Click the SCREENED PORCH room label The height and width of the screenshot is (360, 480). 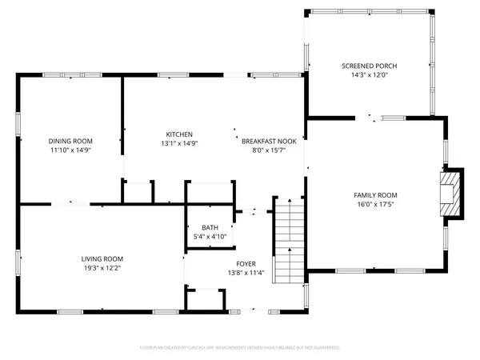(369, 66)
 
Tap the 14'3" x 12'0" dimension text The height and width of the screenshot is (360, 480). (369, 75)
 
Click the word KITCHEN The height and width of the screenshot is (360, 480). (179, 134)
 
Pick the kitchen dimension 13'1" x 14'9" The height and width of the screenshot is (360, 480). (179, 143)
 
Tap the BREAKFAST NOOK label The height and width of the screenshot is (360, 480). (270, 141)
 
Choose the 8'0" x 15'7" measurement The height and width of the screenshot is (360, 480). (270, 150)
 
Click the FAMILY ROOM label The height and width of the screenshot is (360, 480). (375, 195)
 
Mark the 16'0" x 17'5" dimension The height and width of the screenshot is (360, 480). (375, 205)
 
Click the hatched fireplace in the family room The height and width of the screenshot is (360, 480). (451, 193)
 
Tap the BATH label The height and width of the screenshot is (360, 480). (210, 227)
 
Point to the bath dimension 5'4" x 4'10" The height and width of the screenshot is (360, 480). (210, 237)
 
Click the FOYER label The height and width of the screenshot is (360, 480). (245, 263)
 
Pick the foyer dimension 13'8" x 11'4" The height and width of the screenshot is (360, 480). (245, 273)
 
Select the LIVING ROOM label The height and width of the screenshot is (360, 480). (102, 258)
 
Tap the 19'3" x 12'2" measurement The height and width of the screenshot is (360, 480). (102, 268)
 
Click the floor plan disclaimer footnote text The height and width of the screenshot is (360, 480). (240, 348)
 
